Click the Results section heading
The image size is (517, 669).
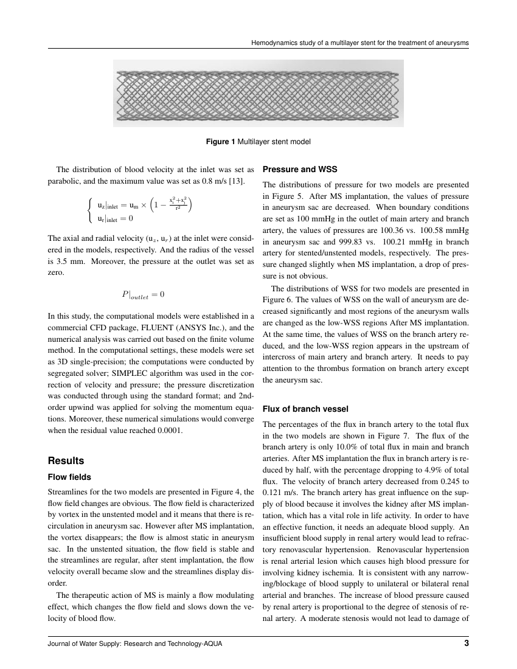(66, 460)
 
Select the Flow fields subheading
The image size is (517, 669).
(69, 477)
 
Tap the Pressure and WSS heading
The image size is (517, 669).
(299, 169)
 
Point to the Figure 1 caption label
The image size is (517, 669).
(221, 142)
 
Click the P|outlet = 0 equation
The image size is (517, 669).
(143, 295)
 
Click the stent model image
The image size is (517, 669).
(258, 93)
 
